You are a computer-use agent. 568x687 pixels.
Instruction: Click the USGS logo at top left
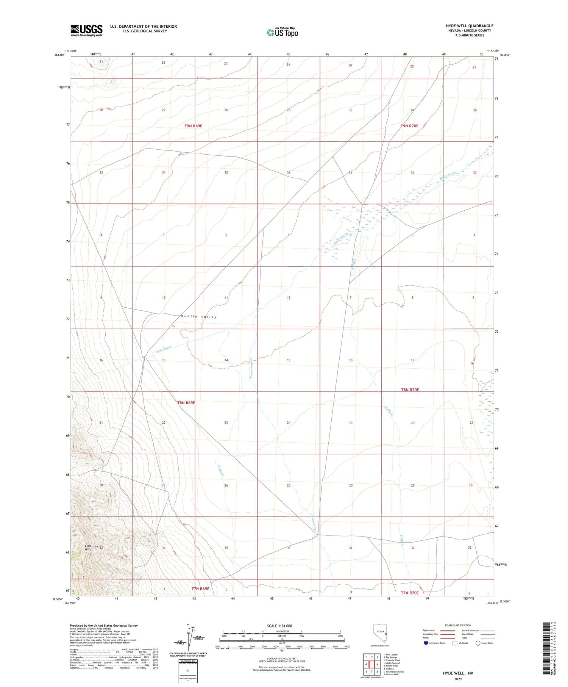pyautogui.click(x=86, y=30)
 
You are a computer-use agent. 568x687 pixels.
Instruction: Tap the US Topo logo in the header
pyautogui.click(x=282, y=33)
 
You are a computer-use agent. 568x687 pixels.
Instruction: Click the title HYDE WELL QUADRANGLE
pyautogui.click(x=470, y=26)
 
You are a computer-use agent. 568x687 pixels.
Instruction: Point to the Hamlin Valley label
pyautogui.click(x=198, y=317)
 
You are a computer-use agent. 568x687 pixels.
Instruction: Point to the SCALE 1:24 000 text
pyautogui.click(x=279, y=626)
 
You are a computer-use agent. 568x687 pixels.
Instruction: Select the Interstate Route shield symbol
pyautogui.click(x=426, y=643)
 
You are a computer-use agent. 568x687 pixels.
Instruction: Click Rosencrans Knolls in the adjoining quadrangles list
pyautogui.click(x=394, y=671)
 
